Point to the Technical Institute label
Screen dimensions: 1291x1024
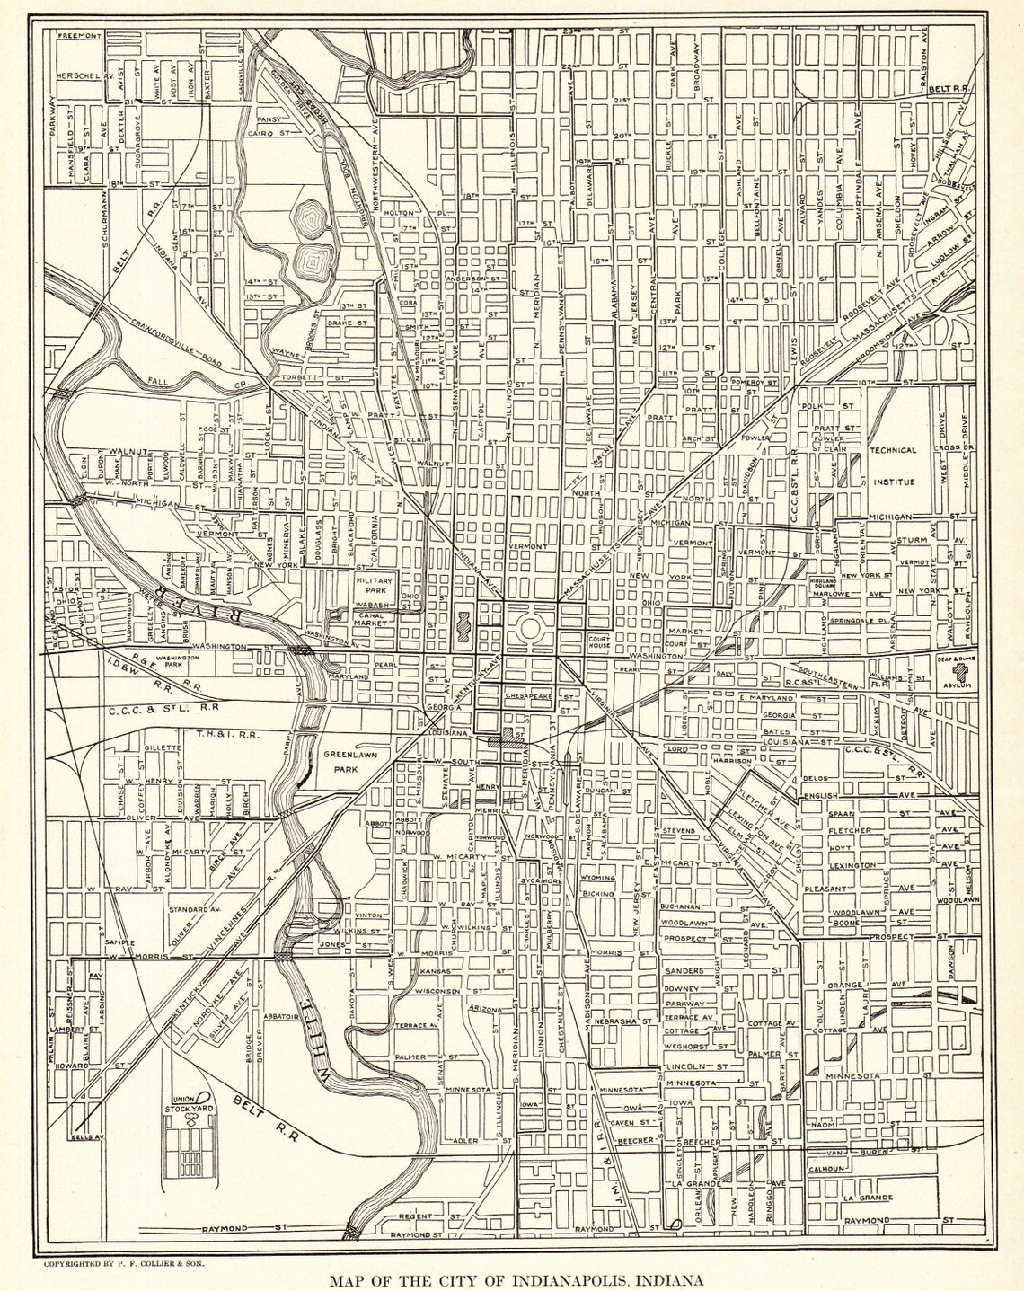click(x=892, y=465)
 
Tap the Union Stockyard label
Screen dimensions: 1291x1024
click(x=186, y=1104)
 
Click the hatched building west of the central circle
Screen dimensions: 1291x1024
click(x=463, y=623)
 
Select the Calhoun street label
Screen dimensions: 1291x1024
click(x=825, y=1169)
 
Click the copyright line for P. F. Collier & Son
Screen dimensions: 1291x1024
click(x=124, y=1263)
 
